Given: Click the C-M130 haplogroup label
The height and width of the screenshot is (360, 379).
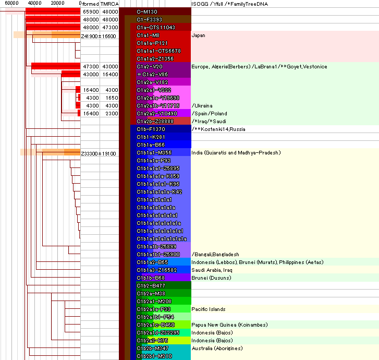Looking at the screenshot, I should (148, 11).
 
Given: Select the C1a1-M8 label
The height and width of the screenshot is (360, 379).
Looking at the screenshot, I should (148, 35).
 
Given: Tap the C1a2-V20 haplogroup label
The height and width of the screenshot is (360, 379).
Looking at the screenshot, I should (150, 67).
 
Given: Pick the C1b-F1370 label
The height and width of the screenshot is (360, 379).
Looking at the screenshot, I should (151, 129).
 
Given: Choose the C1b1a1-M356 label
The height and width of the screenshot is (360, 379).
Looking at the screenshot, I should (154, 153).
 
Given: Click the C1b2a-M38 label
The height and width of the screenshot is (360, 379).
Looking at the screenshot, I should (151, 293).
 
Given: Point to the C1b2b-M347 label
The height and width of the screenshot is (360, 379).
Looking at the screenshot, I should (152, 348).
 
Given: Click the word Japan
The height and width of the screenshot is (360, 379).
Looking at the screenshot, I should (199, 35).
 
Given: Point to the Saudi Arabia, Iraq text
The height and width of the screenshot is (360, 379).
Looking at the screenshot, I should (211, 270).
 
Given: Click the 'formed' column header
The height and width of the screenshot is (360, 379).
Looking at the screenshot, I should (90, 4).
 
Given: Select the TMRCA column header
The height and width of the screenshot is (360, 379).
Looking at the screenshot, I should (109, 4).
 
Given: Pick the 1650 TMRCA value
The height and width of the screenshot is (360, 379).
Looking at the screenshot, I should (110, 98).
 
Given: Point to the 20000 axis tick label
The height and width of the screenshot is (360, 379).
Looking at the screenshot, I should (57, 4).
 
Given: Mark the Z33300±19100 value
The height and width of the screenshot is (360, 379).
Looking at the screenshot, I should (99, 153).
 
